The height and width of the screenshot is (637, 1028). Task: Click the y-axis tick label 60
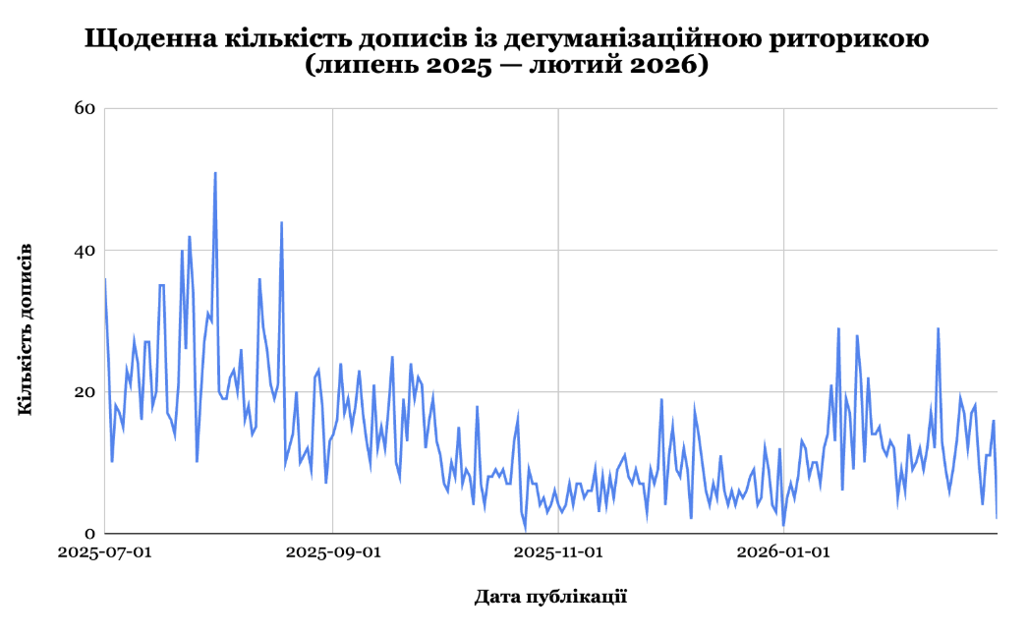coord(85,108)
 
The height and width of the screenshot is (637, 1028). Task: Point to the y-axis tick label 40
coord(85,251)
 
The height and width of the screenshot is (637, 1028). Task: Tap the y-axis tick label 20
coord(85,392)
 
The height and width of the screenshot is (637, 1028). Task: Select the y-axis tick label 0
coord(89,534)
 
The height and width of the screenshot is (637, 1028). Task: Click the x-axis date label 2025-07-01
coord(105,552)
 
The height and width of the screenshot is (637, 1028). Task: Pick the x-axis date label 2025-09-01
coord(333,552)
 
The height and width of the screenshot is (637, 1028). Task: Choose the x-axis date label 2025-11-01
coord(558,552)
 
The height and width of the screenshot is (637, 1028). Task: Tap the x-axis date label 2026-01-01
coord(783,552)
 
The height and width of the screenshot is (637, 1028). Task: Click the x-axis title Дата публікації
coord(550,597)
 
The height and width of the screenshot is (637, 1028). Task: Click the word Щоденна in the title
coord(146,39)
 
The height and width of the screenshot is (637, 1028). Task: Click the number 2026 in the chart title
coord(661,68)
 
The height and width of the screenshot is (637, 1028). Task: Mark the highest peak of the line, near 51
coord(215,173)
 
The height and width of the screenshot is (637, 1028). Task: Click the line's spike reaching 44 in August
coord(282,223)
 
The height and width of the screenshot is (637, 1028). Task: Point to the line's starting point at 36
coord(105,279)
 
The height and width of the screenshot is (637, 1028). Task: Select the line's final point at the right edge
coord(997,517)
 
